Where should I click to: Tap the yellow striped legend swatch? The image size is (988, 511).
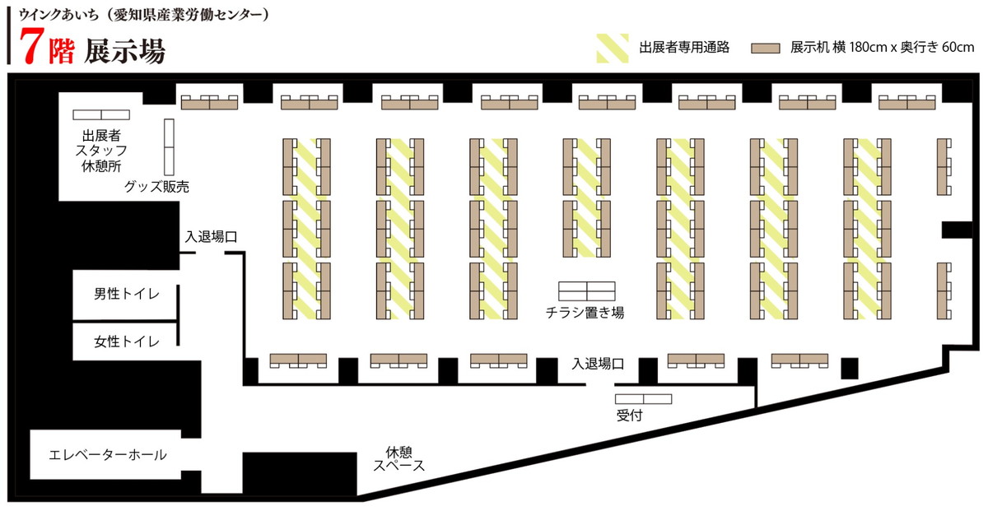click(x=613, y=48)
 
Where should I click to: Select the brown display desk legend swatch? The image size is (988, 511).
click(x=765, y=48)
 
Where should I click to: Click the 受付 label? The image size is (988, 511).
click(x=629, y=416)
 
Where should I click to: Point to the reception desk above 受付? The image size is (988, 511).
click(x=643, y=399)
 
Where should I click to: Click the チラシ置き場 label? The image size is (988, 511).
click(x=585, y=313)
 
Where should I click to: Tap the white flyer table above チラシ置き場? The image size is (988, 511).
click(x=586, y=291)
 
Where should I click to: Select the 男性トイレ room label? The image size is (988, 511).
click(x=127, y=294)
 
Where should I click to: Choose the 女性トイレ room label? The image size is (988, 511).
click(x=127, y=341)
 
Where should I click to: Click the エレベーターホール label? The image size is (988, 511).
click(x=108, y=454)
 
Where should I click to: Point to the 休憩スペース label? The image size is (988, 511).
click(x=399, y=459)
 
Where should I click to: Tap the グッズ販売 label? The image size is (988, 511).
click(x=156, y=187)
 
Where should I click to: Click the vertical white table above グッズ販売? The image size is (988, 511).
click(x=169, y=146)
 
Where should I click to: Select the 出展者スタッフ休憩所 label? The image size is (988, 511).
click(x=101, y=151)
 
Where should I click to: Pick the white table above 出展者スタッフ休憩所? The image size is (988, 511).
click(x=101, y=114)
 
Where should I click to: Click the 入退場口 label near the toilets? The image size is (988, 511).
click(x=212, y=237)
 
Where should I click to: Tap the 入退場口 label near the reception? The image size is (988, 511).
click(x=598, y=364)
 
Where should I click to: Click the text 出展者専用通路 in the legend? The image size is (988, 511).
click(x=684, y=47)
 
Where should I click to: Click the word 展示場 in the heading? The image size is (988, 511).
click(x=125, y=51)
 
